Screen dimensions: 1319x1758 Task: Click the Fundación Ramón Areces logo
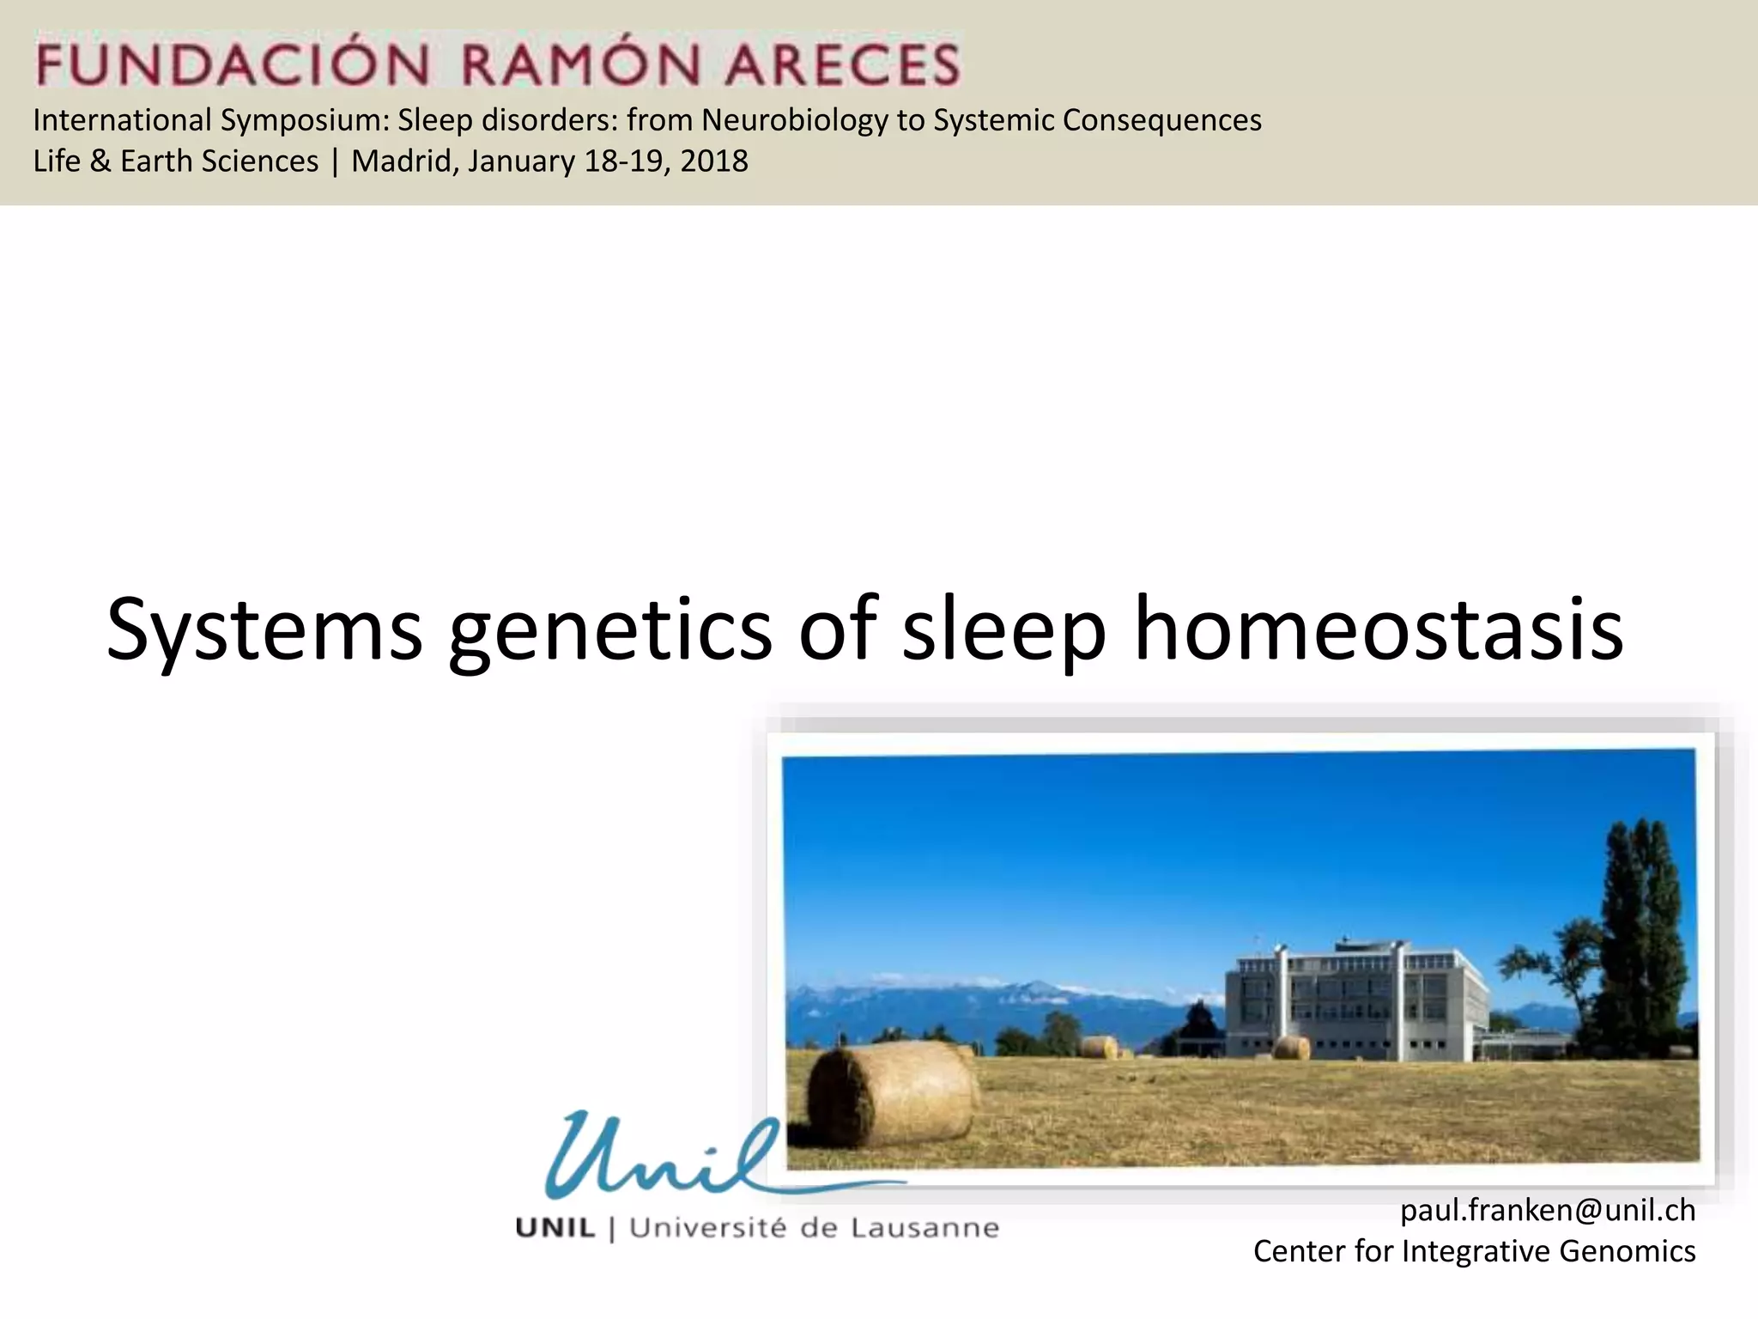[498, 62]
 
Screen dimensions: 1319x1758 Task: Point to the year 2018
[714, 161]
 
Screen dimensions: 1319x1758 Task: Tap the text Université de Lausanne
[814, 1229]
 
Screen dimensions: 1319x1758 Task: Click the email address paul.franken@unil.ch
[1548, 1211]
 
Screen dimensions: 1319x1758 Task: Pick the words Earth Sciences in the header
[219, 161]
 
